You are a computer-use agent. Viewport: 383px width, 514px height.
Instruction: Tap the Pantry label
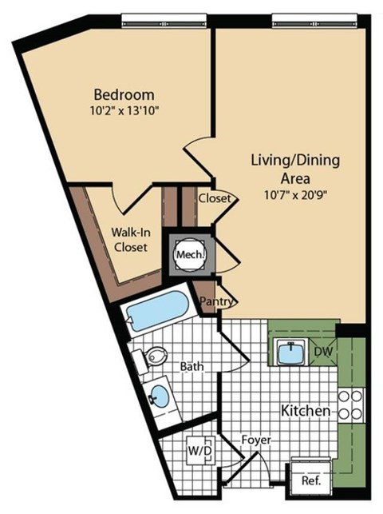tap(216, 302)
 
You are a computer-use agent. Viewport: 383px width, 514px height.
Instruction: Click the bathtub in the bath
tap(157, 313)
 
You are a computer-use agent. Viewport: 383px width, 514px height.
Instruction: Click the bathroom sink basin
tap(160, 396)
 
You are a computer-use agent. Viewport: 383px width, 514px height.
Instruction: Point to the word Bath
tap(191, 367)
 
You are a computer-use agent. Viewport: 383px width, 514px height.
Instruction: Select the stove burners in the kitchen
tap(351, 405)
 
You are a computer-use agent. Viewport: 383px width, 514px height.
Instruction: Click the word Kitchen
tap(306, 411)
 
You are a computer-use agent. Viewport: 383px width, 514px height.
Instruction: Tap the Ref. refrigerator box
tap(310, 480)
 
